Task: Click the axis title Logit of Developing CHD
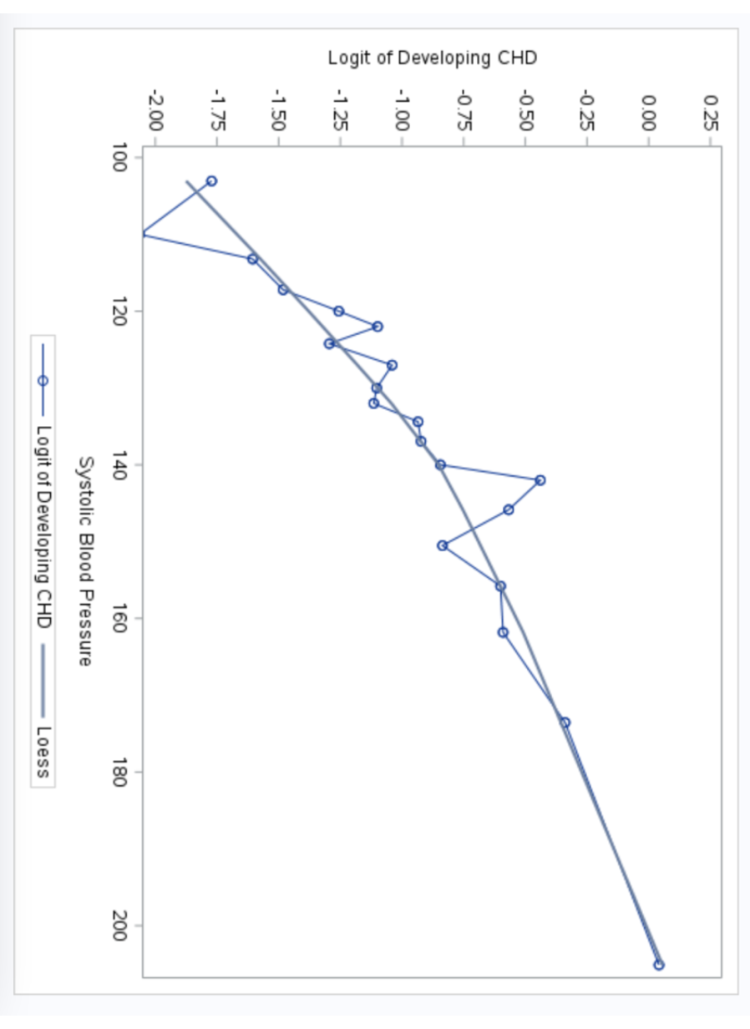click(x=432, y=58)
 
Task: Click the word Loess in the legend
click(x=43, y=752)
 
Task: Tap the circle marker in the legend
click(x=43, y=380)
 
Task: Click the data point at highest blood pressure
click(x=659, y=965)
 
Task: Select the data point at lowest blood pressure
click(x=211, y=181)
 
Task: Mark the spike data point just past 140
click(x=540, y=480)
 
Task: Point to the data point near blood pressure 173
click(x=565, y=722)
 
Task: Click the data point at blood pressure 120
click(x=338, y=312)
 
